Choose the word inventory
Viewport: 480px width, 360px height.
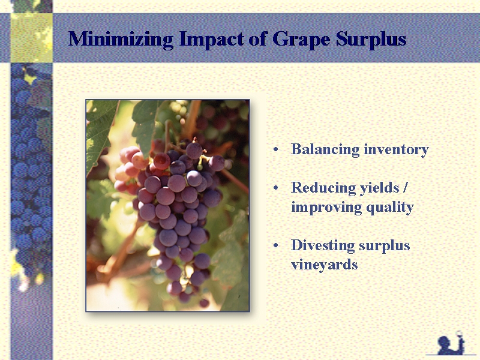click(397, 150)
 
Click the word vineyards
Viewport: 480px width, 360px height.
click(325, 265)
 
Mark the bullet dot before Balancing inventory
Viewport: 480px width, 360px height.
click(276, 149)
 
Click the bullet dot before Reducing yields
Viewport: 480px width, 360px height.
click(276, 188)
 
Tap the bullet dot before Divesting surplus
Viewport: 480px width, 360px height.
click(276, 245)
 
